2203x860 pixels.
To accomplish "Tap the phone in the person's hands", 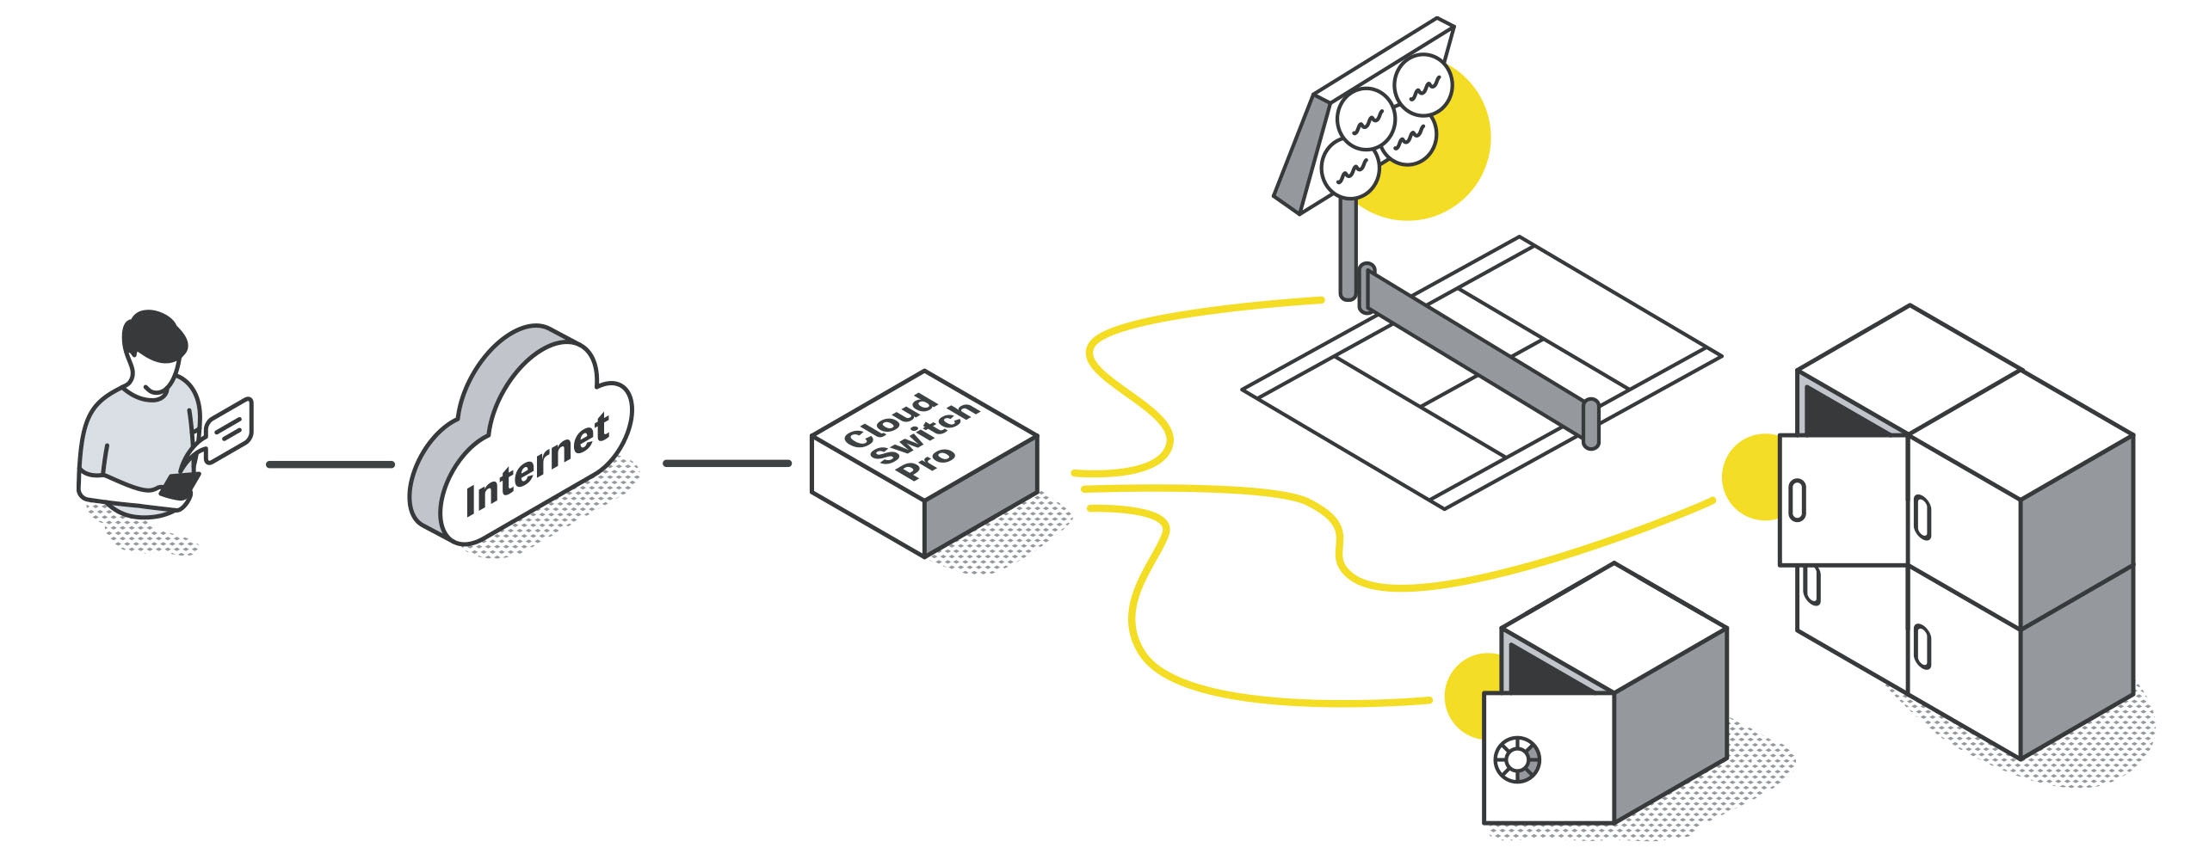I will click(x=180, y=486).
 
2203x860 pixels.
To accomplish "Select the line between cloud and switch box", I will click(x=726, y=464).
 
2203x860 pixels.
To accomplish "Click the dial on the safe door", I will click(x=1517, y=760).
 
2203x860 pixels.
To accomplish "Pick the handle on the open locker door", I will click(x=1797, y=500).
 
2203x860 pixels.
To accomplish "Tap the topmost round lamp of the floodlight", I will click(x=1422, y=84).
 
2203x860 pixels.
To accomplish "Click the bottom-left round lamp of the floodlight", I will click(x=1348, y=169).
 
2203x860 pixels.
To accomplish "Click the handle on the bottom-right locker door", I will click(x=1921, y=647).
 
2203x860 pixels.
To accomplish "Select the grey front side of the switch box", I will click(x=981, y=499).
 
